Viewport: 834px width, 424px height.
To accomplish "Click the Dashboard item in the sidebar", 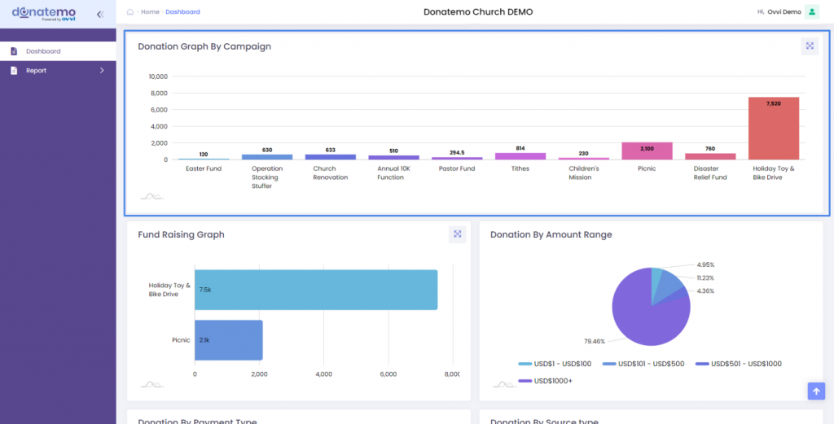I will [42, 51].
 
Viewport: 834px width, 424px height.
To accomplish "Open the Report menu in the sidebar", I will [36, 71].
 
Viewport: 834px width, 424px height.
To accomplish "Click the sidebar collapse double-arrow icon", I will [99, 14].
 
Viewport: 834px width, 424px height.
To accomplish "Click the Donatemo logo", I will [44, 13].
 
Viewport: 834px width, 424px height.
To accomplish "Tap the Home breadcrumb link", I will [150, 12].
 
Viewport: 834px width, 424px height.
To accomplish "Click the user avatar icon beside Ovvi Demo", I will [811, 12].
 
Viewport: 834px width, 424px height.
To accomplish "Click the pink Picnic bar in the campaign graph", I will [647, 151].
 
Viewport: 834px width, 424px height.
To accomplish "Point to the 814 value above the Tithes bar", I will [520, 148].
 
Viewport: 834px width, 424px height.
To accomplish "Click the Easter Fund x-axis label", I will [203, 168].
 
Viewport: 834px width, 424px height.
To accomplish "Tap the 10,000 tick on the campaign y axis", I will [157, 76].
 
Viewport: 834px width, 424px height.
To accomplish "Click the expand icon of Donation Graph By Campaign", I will [810, 46].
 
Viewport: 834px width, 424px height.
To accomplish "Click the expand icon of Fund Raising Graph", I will [458, 234].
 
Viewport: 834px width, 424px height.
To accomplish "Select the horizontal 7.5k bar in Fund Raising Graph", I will [316, 290].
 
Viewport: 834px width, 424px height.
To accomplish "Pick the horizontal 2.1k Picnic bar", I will [228, 339].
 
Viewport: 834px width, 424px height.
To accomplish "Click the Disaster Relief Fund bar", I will [709, 156].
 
